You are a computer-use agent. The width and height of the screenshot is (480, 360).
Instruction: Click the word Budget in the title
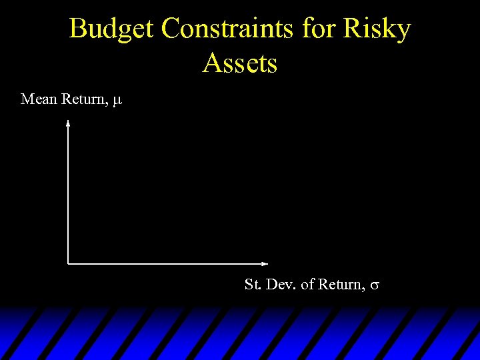tap(112, 29)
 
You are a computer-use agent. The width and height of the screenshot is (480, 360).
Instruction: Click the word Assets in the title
tap(240, 64)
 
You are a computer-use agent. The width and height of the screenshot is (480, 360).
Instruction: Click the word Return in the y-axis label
tap(83, 99)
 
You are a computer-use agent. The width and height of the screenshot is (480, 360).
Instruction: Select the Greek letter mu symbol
tap(117, 101)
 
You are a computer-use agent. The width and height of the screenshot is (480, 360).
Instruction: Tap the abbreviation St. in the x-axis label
tap(253, 285)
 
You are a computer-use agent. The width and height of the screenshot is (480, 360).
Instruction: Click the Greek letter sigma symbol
tap(375, 286)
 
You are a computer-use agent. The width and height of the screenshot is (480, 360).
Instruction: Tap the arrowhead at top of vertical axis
tap(68, 123)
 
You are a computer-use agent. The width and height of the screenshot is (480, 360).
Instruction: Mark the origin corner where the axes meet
tap(68, 263)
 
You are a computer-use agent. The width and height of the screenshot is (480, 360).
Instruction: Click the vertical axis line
tap(68, 193)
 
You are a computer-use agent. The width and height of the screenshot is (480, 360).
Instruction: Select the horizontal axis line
tap(167, 263)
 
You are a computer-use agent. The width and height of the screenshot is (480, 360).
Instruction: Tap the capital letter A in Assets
tap(211, 64)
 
